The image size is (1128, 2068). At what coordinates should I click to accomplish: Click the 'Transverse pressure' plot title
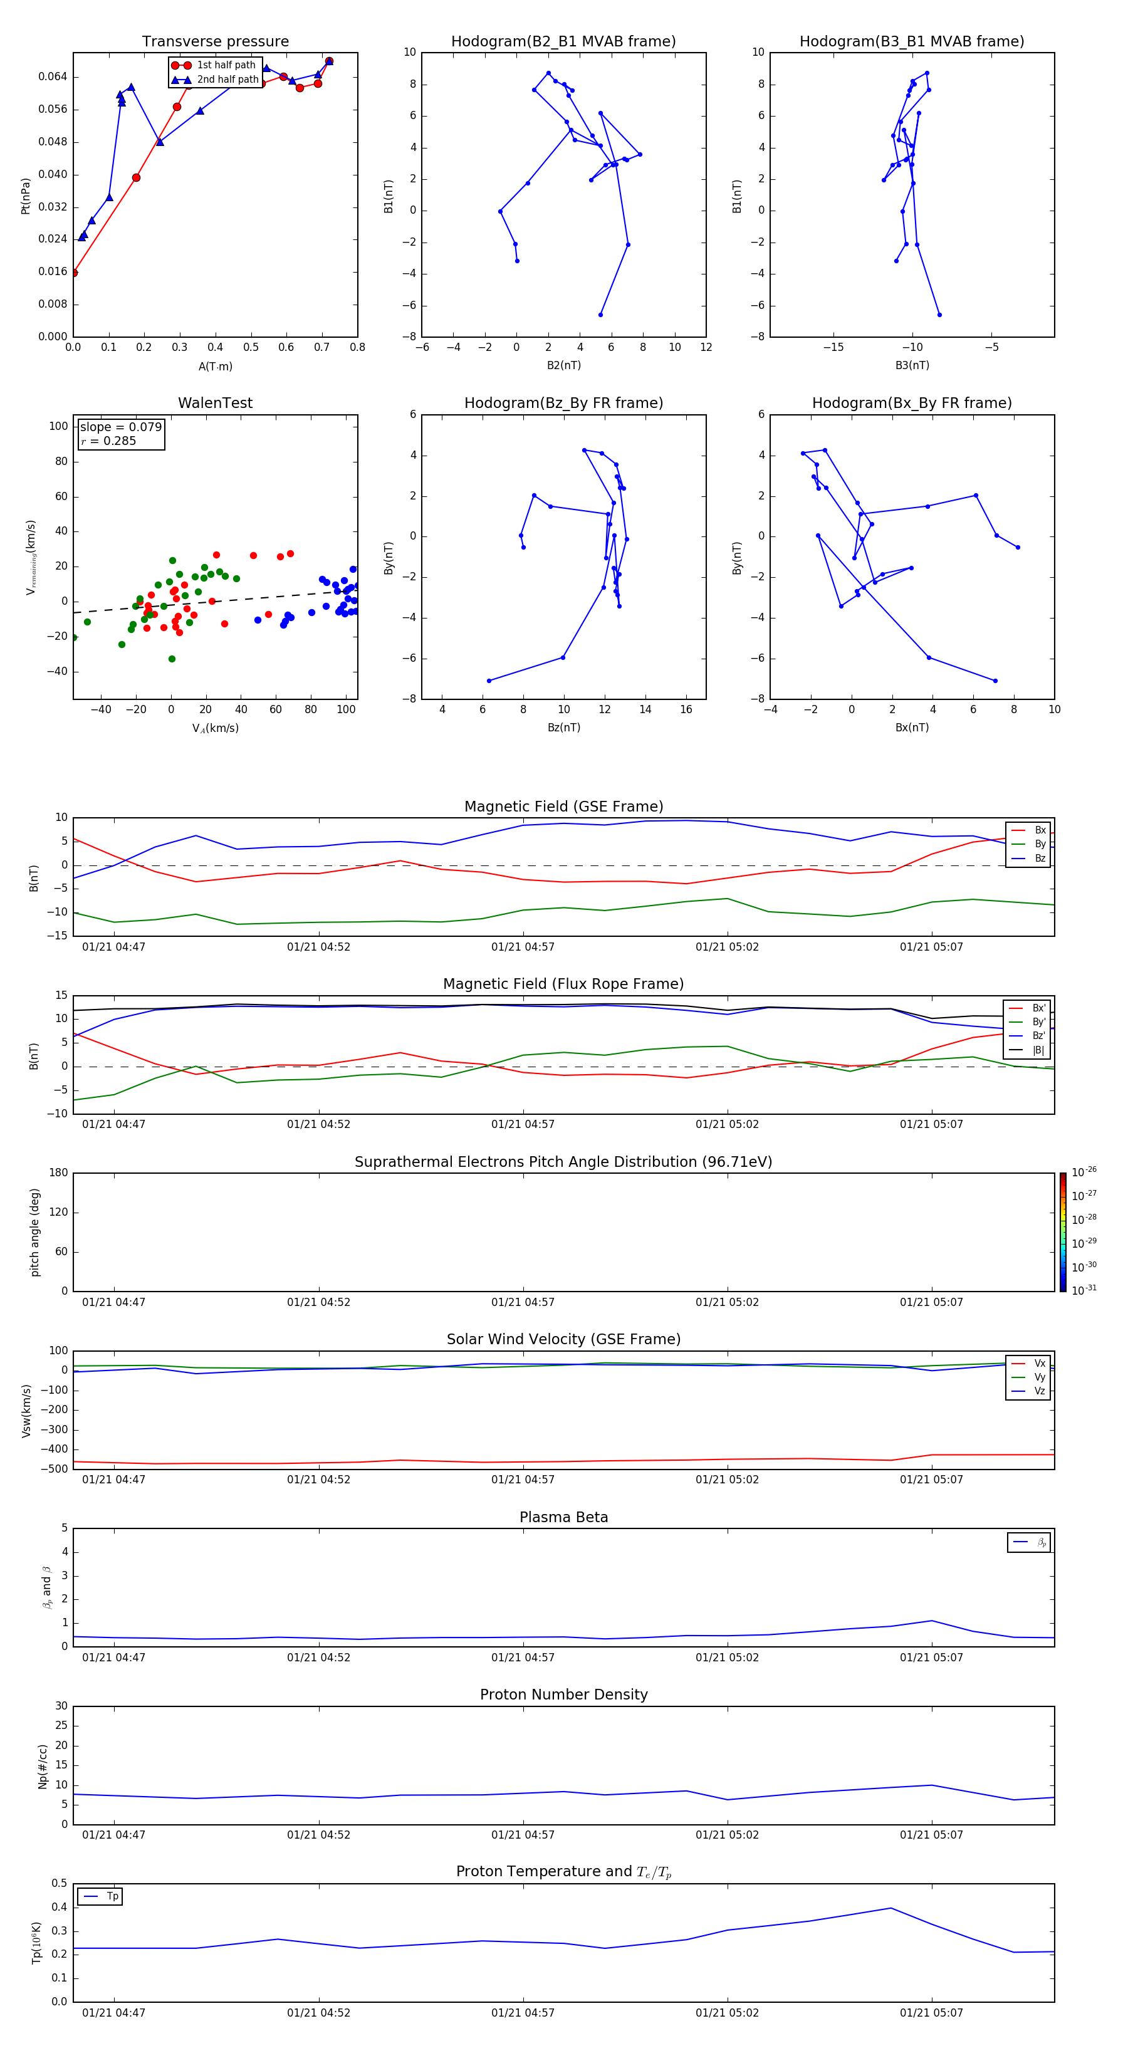pos(215,42)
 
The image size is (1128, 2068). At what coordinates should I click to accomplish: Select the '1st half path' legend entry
pos(226,65)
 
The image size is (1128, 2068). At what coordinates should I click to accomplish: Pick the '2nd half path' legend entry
pos(227,80)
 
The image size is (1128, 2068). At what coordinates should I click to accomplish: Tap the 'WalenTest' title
pos(215,403)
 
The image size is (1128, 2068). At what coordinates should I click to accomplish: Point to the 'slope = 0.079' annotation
pos(120,427)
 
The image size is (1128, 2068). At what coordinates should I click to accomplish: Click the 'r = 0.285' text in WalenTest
pos(108,441)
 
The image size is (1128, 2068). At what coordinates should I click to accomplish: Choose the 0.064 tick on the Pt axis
pos(53,77)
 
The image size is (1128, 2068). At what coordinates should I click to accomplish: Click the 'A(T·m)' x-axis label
pos(215,366)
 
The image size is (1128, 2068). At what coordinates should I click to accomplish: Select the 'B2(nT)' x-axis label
pos(563,365)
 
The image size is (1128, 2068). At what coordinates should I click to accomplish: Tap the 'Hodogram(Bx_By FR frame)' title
pos(911,403)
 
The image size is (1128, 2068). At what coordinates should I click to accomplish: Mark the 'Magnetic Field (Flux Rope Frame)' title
pos(563,984)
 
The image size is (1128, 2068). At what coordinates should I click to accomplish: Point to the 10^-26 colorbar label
pos(1084,1172)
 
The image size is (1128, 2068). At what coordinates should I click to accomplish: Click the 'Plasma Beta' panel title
pos(563,1517)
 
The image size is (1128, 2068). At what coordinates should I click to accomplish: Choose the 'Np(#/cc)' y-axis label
pos(43,1765)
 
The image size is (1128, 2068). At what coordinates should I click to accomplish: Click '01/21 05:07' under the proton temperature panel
pos(931,2013)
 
